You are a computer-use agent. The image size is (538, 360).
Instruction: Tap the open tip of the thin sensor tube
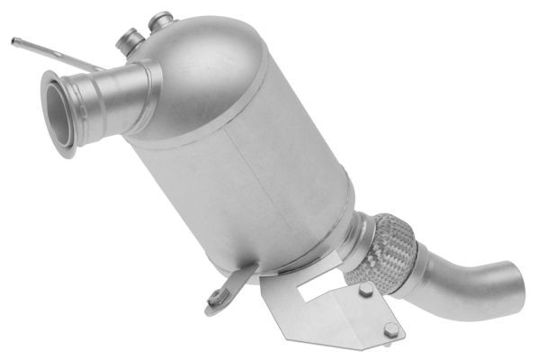click(x=14, y=40)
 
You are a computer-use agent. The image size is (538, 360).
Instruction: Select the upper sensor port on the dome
click(x=161, y=20)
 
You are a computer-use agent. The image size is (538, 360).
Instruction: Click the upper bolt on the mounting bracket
click(x=365, y=291)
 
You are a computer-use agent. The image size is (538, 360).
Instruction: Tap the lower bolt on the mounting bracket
click(x=389, y=332)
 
